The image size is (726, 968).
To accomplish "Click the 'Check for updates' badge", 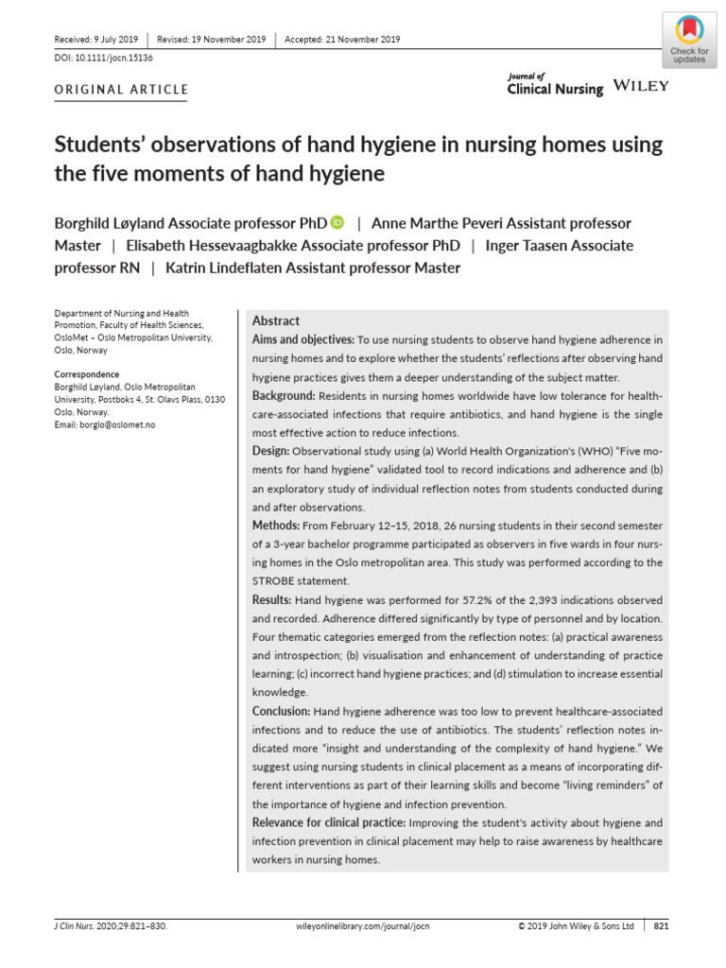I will tap(688, 39).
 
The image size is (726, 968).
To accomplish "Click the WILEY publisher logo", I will tap(641, 86).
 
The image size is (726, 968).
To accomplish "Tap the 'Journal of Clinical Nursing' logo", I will tap(555, 84).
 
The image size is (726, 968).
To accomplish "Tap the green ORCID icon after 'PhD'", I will tap(338, 223).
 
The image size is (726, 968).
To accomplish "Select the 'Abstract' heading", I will tap(275, 320).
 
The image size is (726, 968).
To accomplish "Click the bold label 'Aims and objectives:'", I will tap(302, 339).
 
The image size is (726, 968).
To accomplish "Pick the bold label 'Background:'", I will tap(284, 394).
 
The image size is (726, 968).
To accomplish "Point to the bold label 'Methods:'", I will tap(275, 525).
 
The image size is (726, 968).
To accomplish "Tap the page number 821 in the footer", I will tap(661, 927).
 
